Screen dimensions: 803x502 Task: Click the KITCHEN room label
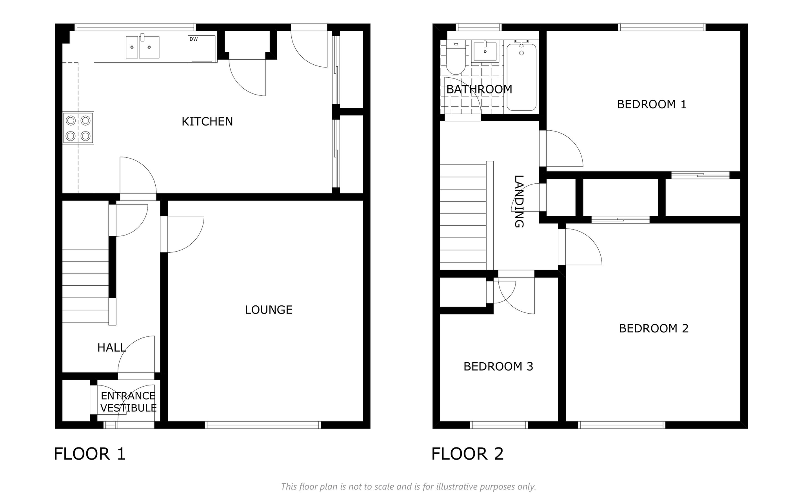[x=207, y=122]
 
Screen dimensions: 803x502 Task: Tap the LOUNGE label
[x=269, y=310]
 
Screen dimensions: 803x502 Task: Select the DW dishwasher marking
[x=193, y=39]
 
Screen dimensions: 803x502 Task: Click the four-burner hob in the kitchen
[x=78, y=128]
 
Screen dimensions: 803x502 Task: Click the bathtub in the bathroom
[x=521, y=77]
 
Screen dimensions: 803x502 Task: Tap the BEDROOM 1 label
[x=652, y=104]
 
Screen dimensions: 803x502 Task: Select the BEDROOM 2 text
[x=654, y=329]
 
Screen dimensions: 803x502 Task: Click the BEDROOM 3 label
[x=498, y=367]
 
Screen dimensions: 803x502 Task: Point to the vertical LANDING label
[x=519, y=201]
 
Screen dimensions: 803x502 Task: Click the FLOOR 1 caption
[x=89, y=454]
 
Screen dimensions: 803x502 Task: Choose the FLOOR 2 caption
[x=467, y=454]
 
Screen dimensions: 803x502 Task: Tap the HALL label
[x=112, y=348]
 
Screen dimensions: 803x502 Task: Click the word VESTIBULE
[x=129, y=408]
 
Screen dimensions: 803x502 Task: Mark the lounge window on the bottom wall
[x=263, y=425]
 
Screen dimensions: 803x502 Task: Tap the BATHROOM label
[x=479, y=89]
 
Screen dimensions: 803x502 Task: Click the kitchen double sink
[x=142, y=47]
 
